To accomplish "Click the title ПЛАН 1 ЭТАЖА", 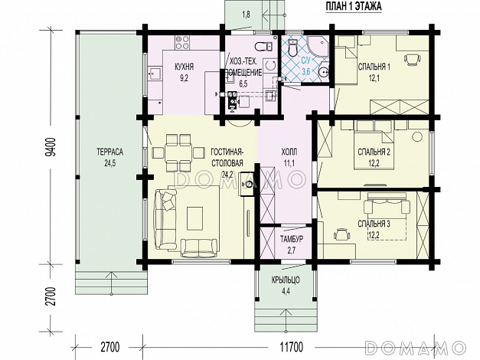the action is [353, 7].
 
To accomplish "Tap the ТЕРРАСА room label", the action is [110, 152].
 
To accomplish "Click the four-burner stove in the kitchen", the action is [182, 43].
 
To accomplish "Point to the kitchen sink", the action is [155, 74].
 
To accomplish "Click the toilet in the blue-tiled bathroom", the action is [293, 47].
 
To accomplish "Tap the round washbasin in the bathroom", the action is [324, 72].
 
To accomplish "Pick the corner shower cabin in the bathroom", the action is [318, 47].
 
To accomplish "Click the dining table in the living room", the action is [178, 152].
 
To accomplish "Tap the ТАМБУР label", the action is [292, 240].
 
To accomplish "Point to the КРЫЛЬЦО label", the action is [286, 280].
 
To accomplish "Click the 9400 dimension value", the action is [51, 147].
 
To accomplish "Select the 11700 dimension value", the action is [291, 348].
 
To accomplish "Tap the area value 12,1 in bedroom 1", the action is [374, 78].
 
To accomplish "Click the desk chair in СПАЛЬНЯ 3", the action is [341, 234].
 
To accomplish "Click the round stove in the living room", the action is [247, 184].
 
